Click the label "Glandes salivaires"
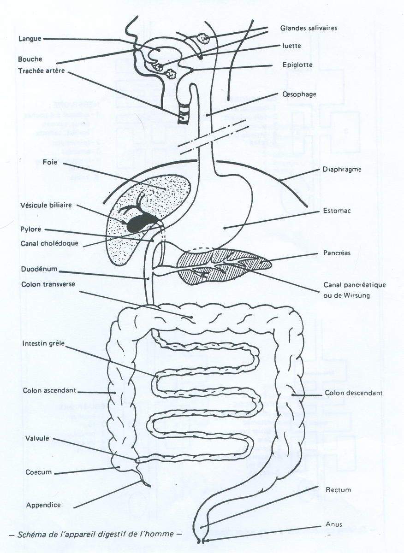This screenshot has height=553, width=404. point(309,28)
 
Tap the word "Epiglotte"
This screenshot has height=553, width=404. point(297,65)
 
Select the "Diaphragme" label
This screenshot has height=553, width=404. point(341,170)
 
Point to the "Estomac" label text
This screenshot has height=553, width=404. point(337,212)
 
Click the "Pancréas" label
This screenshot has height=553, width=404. point(338,253)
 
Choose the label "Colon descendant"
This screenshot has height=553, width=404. point(353,393)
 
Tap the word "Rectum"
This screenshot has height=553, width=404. point(338,490)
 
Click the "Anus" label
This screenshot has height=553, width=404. point(333,524)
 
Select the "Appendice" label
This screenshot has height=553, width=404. point(43,505)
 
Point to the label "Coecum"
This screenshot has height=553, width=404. point(39,472)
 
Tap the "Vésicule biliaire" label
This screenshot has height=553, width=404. point(46,205)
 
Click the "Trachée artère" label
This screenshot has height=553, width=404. point(41,71)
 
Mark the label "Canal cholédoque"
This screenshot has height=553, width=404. point(50,243)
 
